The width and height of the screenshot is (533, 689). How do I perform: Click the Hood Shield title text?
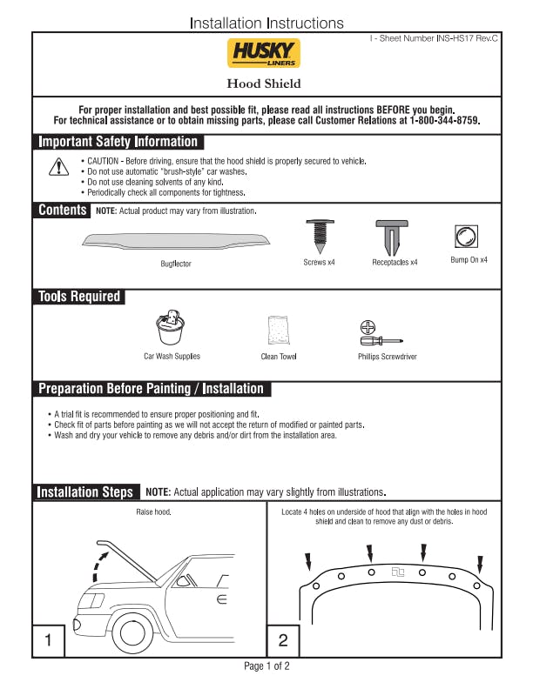pyautogui.click(x=264, y=84)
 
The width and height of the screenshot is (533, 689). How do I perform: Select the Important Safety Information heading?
pyautogui.click(x=118, y=142)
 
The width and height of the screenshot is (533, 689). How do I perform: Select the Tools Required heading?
pyautogui.click(x=79, y=297)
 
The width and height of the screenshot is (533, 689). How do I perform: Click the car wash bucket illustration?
pyautogui.click(x=171, y=329)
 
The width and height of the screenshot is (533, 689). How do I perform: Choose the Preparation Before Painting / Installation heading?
pyautogui.click(x=151, y=389)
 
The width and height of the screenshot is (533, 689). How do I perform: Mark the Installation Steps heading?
pyautogui.click(x=84, y=492)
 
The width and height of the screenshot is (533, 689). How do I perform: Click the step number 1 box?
pyautogui.click(x=49, y=641)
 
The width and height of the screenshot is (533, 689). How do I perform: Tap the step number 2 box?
pyautogui.click(x=283, y=641)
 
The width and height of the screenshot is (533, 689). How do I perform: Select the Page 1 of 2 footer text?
pyautogui.click(x=266, y=666)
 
